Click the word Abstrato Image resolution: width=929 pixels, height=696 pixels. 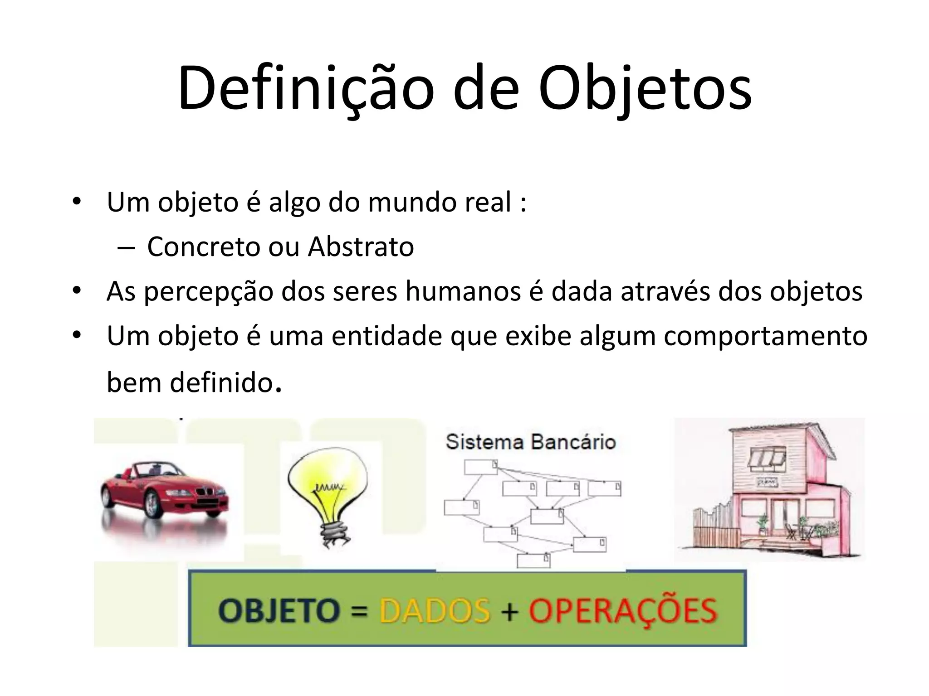click(361, 247)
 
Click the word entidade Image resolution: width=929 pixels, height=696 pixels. click(386, 337)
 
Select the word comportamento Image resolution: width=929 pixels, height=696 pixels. click(766, 337)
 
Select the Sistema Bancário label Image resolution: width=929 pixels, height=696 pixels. click(530, 442)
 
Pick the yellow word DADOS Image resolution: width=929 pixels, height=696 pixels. click(435, 610)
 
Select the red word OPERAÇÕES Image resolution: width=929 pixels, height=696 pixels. click(623, 610)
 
